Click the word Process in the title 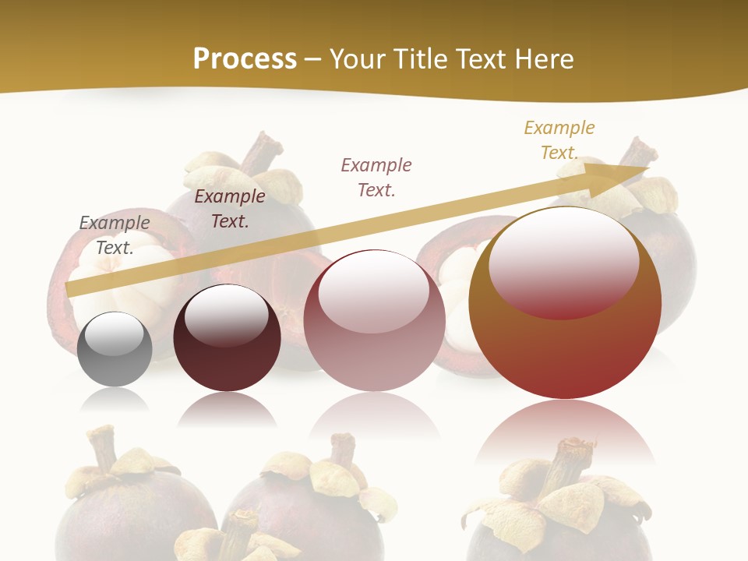245,58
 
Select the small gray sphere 115,350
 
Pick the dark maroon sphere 227,338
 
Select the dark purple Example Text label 230,209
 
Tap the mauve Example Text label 376,178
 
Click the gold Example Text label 559,140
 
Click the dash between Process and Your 313,60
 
